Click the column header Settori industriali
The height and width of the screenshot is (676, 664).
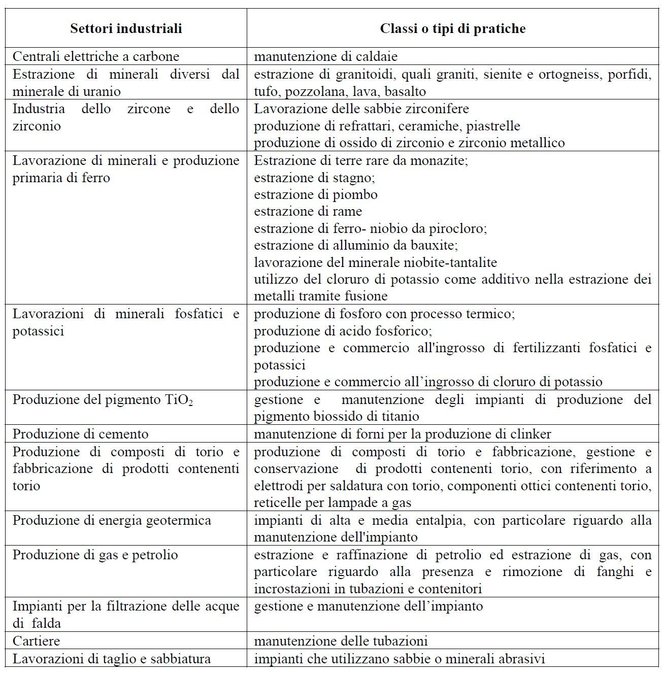coord(126,28)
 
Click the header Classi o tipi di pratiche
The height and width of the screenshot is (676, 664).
coord(452,28)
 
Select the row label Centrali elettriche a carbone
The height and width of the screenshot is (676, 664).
coord(95,56)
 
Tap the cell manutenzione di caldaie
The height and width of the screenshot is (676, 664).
coord(325,56)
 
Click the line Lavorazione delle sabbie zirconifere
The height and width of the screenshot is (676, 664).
coord(361,109)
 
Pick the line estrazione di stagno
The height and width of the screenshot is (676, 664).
coord(314,178)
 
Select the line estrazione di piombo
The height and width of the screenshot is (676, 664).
coord(315,194)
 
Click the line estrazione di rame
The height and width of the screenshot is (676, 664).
coord(308,211)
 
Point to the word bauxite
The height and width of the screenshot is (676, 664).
coord(434,245)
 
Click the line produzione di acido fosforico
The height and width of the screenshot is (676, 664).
coord(343,331)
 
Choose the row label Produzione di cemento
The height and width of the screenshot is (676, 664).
coord(80,434)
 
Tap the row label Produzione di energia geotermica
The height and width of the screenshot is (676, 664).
coord(112,520)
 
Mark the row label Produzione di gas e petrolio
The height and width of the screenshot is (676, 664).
coord(95,554)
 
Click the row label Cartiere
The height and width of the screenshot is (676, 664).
coord(36,640)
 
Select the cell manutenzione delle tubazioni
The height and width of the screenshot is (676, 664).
coord(341,640)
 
